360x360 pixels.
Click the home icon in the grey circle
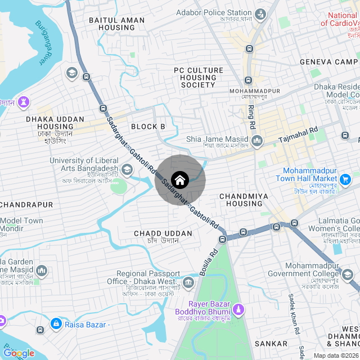(x=180, y=180)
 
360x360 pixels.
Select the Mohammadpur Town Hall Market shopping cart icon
(x=346, y=179)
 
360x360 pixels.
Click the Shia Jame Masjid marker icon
(x=257, y=140)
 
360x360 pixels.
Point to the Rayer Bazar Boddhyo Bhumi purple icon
(x=238, y=309)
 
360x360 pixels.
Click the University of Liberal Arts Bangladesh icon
(x=127, y=169)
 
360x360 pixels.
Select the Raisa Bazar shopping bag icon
(x=56, y=323)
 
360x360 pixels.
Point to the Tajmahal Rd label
(x=299, y=136)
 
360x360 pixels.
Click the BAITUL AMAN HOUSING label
(x=117, y=24)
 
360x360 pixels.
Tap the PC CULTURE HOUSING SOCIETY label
(x=199, y=78)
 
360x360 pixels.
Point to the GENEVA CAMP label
(x=329, y=62)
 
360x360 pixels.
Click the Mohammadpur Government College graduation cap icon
(x=347, y=274)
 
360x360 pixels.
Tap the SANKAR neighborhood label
(x=271, y=343)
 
